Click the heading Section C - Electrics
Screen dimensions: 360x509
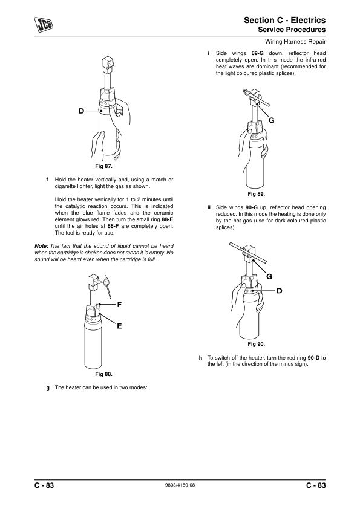[284, 20]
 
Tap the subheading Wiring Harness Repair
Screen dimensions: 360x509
[295, 42]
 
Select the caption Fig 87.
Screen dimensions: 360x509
[103, 166]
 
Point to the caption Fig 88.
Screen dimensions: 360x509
[103, 374]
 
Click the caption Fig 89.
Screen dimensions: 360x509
[257, 194]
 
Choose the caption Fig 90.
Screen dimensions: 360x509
[257, 344]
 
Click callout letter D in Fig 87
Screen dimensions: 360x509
[81, 111]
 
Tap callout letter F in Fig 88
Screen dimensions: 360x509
[119, 305]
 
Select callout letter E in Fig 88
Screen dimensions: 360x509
[119, 326]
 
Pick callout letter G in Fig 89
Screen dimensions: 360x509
[272, 120]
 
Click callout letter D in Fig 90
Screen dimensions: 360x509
[279, 291]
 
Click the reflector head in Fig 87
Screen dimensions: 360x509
[107, 65]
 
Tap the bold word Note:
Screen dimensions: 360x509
[42, 246]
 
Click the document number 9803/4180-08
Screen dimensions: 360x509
[180, 485]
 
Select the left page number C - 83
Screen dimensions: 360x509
[44, 485]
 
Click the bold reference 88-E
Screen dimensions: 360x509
[168, 219]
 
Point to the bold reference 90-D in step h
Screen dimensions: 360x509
[313, 358]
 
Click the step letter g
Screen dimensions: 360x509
[48, 388]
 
